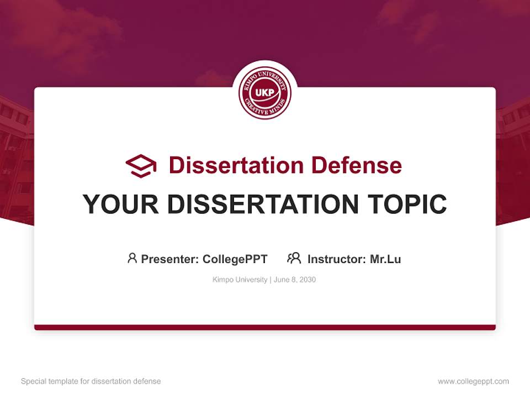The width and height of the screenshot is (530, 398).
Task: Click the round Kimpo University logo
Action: pos(265,93)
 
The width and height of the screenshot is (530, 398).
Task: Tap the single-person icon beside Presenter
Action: pos(132,258)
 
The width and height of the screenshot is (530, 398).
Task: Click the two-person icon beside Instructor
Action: pos(294,258)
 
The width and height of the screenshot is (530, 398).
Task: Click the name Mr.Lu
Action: pos(385,259)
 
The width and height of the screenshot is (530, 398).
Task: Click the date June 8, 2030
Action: pos(295,280)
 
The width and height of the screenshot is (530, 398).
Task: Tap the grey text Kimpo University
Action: pos(240,280)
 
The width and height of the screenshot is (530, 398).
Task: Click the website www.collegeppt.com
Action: pos(473,381)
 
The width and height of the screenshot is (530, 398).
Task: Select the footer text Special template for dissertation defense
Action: pos(91,381)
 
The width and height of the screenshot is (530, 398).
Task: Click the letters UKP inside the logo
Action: pos(265,92)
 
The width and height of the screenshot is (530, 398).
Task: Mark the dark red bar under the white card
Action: pos(265,327)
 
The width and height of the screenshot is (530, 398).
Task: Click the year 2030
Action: pos(307,280)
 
